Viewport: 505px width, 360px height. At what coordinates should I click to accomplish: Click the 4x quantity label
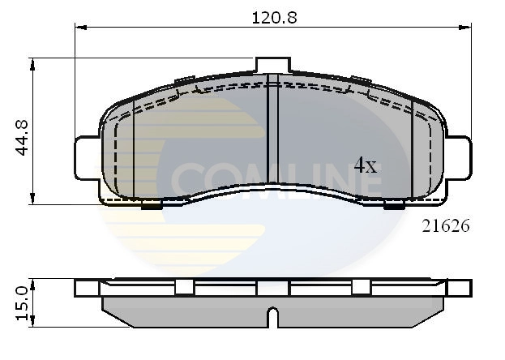coord(366,166)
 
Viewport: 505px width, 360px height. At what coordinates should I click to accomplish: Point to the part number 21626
coord(445,226)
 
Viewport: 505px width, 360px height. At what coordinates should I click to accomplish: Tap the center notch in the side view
coord(273,315)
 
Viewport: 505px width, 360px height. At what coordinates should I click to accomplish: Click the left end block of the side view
coord(87,288)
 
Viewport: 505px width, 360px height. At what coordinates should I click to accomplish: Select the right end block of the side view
coord(460,288)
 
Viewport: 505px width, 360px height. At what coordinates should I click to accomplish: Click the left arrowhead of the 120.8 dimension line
coord(79,28)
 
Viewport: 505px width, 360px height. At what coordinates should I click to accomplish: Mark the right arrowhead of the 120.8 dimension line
coord(467,28)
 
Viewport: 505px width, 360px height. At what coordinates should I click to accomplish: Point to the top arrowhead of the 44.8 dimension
coord(32,62)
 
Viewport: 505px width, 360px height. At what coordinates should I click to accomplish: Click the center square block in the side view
coord(273,288)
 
